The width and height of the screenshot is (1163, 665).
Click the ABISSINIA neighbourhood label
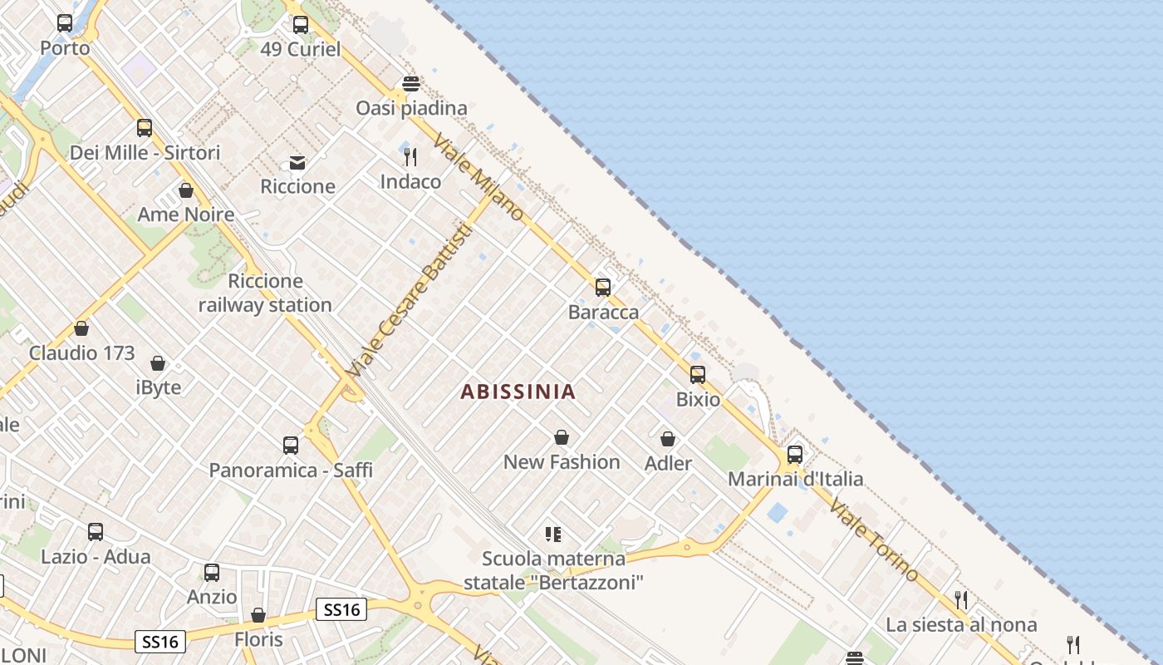(x=518, y=392)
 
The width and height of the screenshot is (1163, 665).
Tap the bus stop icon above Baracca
(x=603, y=288)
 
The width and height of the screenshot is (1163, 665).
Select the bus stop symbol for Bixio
(x=698, y=375)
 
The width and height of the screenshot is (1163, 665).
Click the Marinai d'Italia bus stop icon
(x=795, y=455)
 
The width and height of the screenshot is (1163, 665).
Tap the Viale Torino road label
(x=874, y=540)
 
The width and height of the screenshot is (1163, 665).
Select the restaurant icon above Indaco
(x=410, y=156)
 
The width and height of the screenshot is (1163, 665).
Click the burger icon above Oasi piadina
(x=410, y=84)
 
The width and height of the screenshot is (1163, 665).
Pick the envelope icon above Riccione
(x=297, y=162)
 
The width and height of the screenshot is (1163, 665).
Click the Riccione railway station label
(x=265, y=293)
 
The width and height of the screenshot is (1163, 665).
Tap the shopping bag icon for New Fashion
(x=562, y=437)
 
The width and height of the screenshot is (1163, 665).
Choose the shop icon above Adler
(x=668, y=439)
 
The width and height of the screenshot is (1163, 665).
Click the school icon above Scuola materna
(x=553, y=534)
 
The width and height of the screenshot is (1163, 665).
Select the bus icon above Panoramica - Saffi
(x=291, y=446)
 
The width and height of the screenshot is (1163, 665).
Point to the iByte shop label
(x=158, y=387)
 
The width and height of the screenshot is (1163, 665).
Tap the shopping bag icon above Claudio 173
(x=81, y=328)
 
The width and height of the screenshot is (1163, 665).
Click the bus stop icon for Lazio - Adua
(x=96, y=532)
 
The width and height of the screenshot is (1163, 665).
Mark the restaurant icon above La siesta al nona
(x=961, y=599)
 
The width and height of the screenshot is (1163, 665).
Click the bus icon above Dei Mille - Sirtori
(x=145, y=128)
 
